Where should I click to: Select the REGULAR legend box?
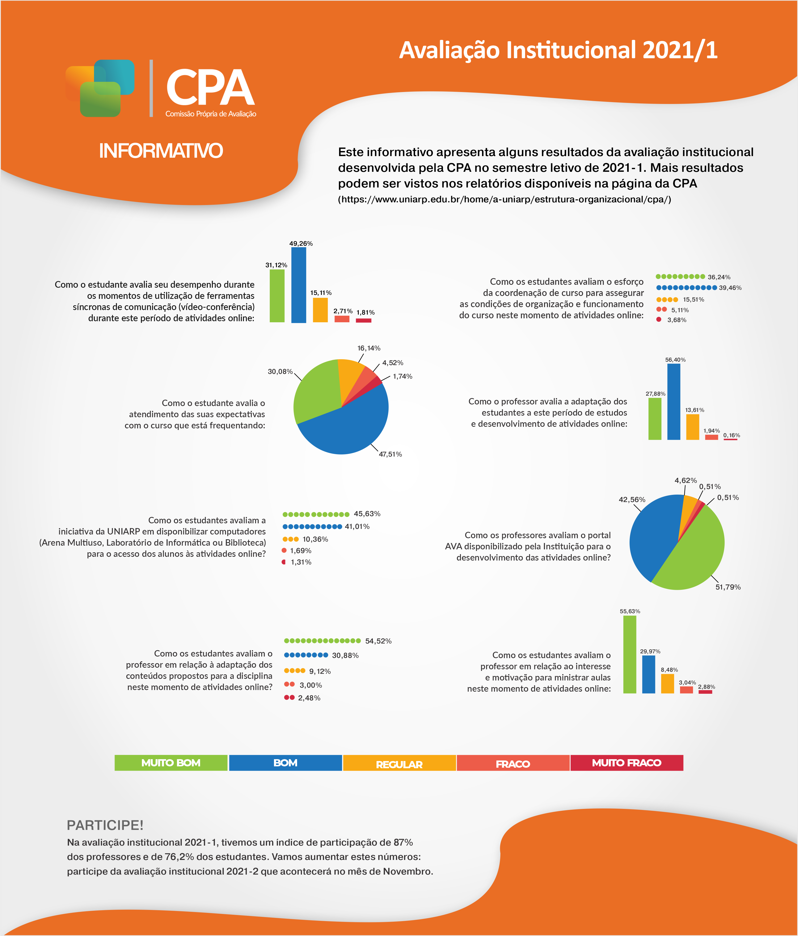point(399,763)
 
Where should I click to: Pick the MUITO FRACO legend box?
point(627,763)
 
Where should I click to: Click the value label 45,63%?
point(367,514)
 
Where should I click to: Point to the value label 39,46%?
point(730,288)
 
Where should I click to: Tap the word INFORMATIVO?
point(161,151)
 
